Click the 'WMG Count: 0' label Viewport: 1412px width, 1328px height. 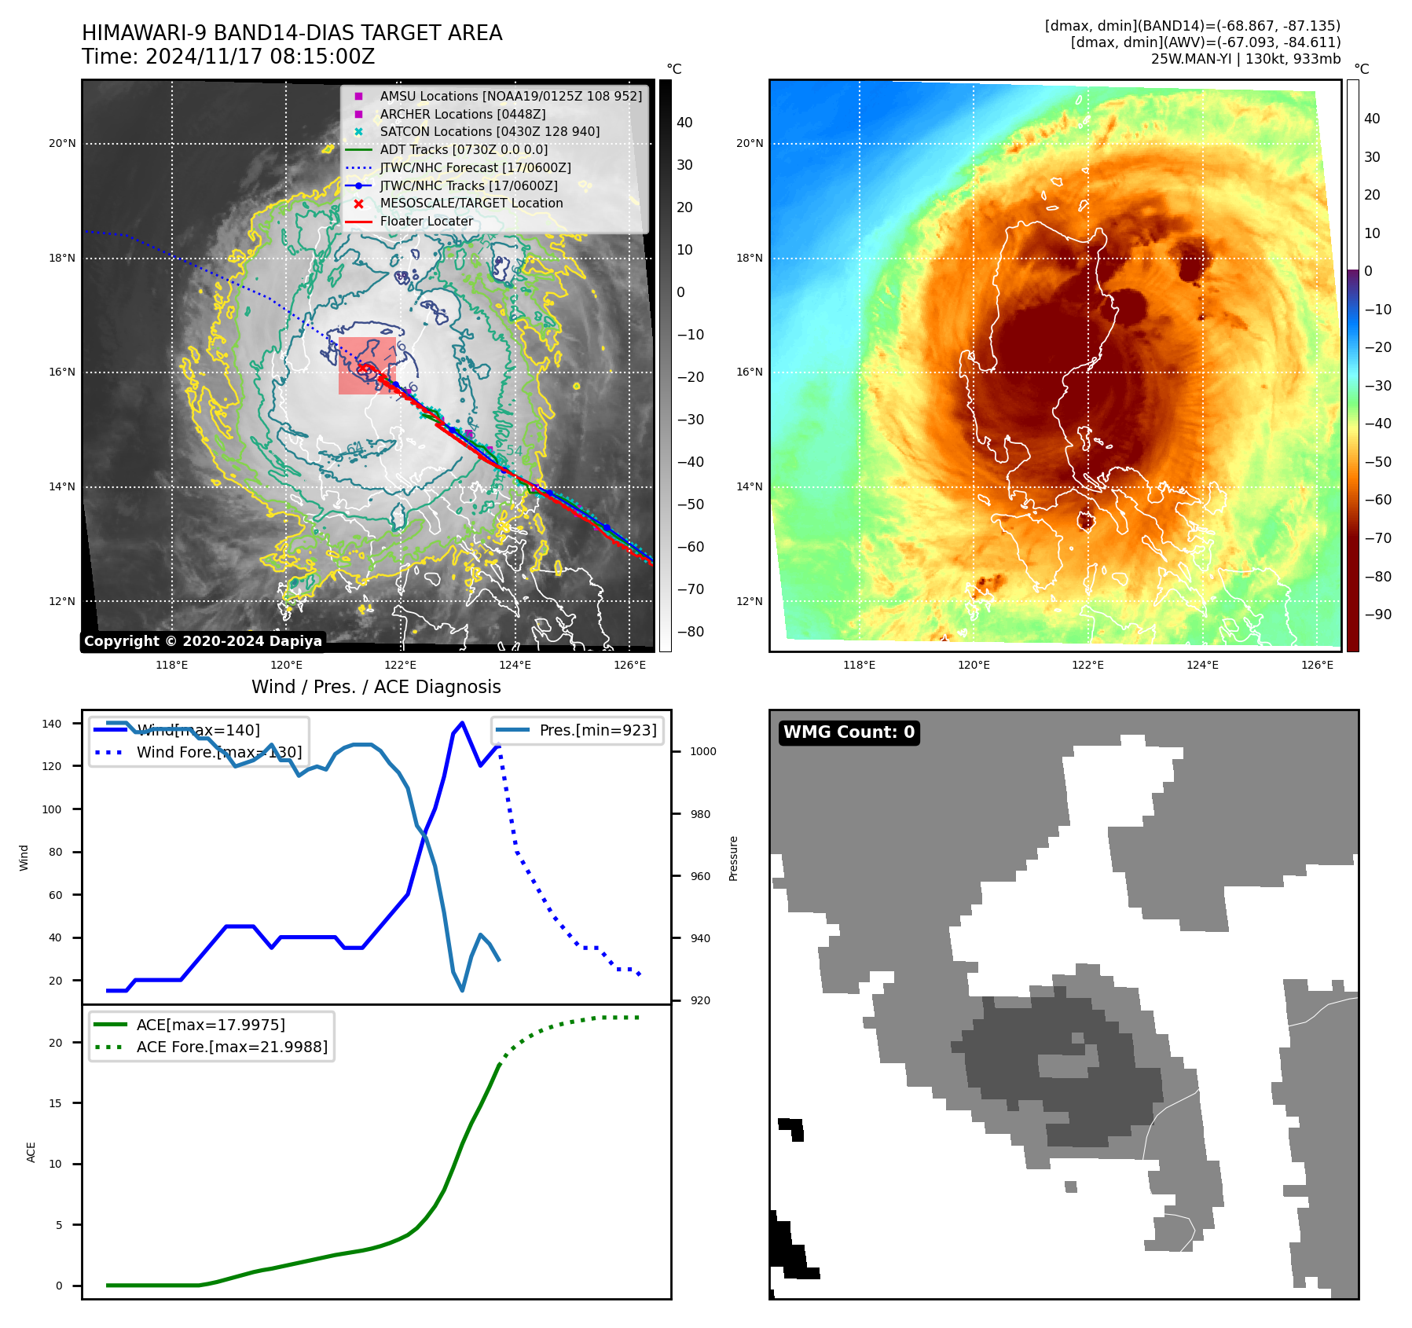point(849,732)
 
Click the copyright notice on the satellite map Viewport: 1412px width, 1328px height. point(203,641)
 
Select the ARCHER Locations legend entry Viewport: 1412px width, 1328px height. point(462,114)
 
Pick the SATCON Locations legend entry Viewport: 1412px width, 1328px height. point(489,131)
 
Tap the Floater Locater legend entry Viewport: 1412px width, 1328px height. point(426,221)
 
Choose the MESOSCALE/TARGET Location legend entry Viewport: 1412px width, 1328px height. point(471,203)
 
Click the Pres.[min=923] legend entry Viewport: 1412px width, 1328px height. point(597,730)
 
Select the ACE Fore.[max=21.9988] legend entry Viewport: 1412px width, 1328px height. point(232,1047)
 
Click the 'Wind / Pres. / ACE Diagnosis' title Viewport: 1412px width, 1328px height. point(376,687)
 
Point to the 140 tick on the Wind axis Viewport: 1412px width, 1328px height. point(52,724)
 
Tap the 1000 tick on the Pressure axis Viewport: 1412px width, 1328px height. point(702,751)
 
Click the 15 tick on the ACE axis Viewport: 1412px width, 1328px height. point(55,1103)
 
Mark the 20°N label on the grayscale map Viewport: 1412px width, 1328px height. point(62,144)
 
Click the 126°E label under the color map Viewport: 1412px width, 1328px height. point(1317,665)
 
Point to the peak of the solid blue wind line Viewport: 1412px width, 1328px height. point(462,723)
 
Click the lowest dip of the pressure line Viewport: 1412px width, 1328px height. point(462,990)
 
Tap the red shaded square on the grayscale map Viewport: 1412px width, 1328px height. point(367,366)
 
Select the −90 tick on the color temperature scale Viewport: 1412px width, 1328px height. point(1377,614)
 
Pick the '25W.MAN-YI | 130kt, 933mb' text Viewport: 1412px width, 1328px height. point(1245,59)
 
